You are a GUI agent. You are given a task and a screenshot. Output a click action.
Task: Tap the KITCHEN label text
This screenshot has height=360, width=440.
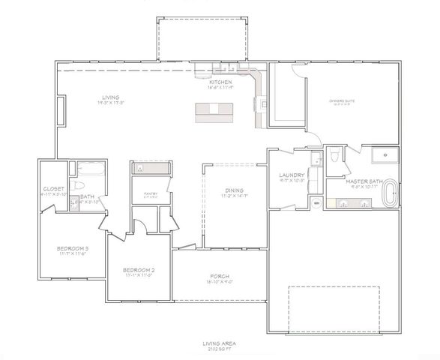pyautogui.click(x=220, y=82)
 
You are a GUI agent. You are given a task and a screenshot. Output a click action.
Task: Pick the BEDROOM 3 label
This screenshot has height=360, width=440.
pyautogui.click(x=73, y=248)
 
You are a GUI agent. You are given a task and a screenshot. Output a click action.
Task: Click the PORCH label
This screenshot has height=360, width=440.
pyautogui.click(x=220, y=276)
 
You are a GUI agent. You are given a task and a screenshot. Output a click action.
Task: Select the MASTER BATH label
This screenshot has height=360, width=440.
pyautogui.click(x=364, y=181)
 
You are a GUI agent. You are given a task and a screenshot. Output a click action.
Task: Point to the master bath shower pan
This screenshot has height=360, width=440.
pyautogui.click(x=387, y=156)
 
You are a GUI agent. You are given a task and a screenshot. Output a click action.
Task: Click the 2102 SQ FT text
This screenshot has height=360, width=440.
pyautogui.click(x=220, y=349)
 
